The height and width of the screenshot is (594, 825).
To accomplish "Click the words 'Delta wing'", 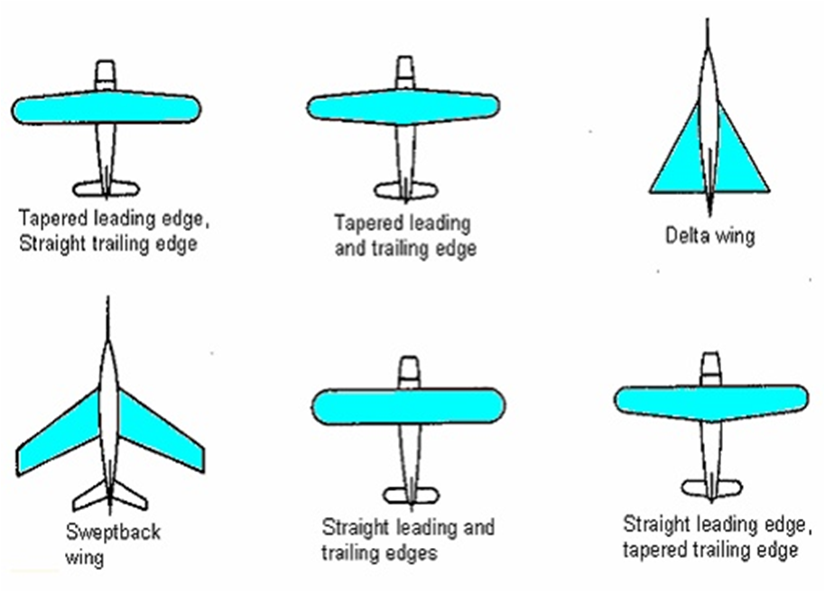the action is click(x=709, y=236).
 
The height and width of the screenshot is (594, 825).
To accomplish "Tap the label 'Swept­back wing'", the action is click(x=113, y=544).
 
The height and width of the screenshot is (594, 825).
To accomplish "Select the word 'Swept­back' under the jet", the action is click(x=113, y=532).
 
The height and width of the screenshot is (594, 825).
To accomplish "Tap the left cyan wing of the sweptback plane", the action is click(x=59, y=432).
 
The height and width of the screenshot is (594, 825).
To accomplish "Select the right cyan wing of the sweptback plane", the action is click(x=162, y=431).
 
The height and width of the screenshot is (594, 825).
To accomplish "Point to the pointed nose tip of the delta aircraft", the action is click(x=708, y=20).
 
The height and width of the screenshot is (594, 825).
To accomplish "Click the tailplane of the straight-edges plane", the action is click(x=411, y=496).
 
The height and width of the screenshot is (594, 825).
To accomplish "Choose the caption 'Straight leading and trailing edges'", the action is click(x=408, y=540).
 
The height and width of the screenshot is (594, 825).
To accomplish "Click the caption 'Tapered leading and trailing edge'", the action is click(x=405, y=236).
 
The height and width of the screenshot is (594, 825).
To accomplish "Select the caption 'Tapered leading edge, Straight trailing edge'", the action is click(x=114, y=231).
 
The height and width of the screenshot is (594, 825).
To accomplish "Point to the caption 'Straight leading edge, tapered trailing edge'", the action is click(x=715, y=536).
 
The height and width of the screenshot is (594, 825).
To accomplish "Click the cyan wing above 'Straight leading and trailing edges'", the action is click(x=409, y=406).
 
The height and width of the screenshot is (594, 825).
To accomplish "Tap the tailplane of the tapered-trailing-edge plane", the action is click(x=711, y=487).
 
